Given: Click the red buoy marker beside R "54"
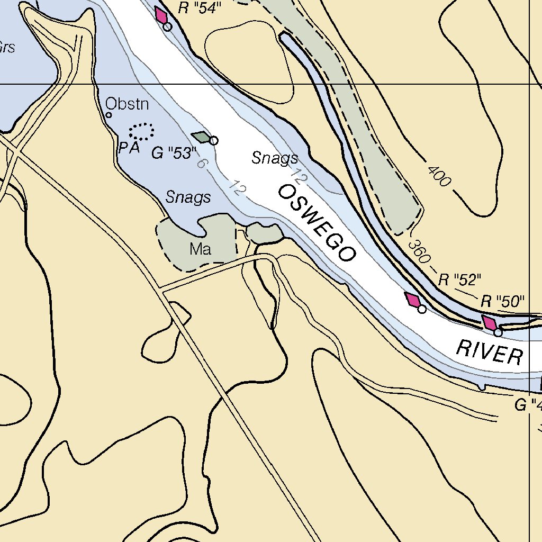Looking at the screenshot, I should [161, 15].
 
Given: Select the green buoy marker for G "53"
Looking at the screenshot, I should [201, 137].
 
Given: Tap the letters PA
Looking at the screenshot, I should [129, 148].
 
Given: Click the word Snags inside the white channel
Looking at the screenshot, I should [274, 158].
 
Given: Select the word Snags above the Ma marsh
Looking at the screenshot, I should [188, 197].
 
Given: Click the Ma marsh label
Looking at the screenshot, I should [201, 249].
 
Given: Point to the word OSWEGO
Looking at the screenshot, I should [317, 223].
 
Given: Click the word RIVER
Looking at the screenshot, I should [489, 352].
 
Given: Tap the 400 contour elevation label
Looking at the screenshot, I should [439, 176].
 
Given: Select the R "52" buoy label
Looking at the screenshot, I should [459, 280].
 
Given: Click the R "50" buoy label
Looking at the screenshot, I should [502, 302].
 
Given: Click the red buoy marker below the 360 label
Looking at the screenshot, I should [413, 300].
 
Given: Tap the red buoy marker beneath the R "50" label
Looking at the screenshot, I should [489, 322].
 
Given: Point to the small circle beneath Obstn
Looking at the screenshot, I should [109, 115].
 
